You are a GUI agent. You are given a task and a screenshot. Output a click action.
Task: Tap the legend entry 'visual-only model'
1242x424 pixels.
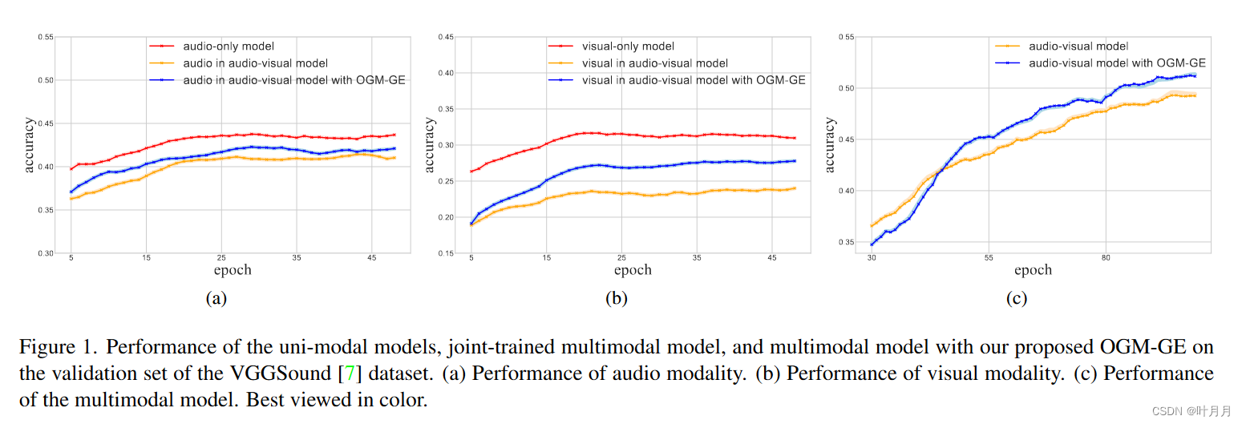[628, 46]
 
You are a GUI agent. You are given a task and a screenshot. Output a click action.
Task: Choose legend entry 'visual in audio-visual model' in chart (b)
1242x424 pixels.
[654, 63]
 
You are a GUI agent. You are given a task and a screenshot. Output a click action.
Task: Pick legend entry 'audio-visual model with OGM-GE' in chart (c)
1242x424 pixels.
[1117, 63]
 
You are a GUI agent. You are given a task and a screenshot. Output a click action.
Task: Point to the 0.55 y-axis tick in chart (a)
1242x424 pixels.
[46, 37]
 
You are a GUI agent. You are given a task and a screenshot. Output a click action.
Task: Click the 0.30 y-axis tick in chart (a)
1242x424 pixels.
[46, 253]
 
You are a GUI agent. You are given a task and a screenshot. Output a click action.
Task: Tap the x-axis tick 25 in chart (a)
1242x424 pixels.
[221, 258]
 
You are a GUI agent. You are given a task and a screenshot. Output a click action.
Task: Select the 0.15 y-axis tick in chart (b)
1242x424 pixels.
[446, 253]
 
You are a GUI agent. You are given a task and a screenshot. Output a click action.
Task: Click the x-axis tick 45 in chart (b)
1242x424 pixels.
[772, 258]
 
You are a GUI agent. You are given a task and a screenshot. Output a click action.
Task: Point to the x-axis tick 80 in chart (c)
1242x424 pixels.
[1106, 258]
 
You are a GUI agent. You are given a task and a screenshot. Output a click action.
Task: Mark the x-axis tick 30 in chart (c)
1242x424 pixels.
[871, 258]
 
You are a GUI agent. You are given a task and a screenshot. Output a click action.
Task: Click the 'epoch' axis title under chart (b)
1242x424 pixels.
[633, 270]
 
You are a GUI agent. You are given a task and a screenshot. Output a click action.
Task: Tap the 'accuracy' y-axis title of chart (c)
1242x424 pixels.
[830, 145]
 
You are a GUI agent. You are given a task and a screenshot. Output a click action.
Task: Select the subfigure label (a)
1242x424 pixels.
[216, 299]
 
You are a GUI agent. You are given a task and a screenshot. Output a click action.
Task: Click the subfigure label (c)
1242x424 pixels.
[1016, 299]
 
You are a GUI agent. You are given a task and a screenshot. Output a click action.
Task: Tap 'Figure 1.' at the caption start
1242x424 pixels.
[58, 347]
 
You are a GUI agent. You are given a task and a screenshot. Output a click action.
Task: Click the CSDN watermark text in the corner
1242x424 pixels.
[1191, 410]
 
